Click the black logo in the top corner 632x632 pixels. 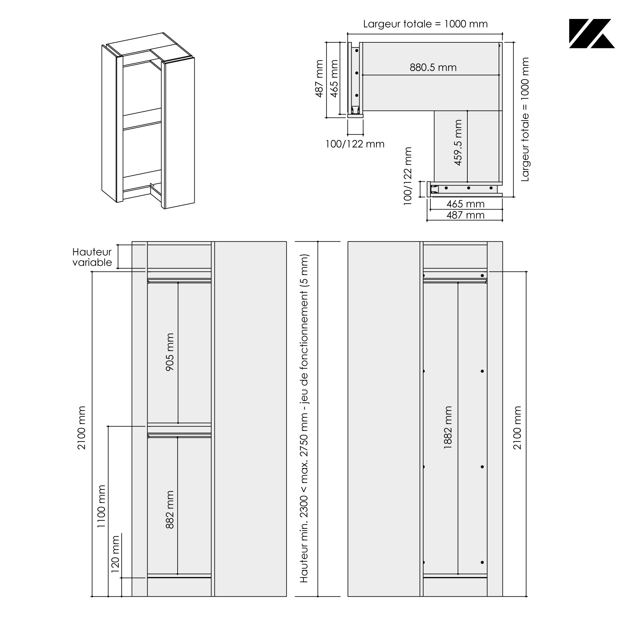click(x=592, y=34)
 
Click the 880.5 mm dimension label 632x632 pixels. click(x=433, y=68)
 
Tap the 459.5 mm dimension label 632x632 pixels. click(x=458, y=143)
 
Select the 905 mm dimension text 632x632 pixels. click(x=170, y=352)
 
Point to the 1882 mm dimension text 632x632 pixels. click(x=448, y=427)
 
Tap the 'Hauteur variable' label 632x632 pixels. click(x=92, y=257)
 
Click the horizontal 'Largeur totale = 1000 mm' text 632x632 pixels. click(x=425, y=24)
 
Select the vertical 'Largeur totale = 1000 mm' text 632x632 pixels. click(x=525, y=119)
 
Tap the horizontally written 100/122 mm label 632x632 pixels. click(x=355, y=144)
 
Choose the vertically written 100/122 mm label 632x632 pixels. click(x=408, y=176)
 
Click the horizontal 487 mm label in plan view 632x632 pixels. click(x=465, y=215)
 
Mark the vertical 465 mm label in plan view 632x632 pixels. click(x=334, y=78)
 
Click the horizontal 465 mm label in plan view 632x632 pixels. click(x=465, y=204)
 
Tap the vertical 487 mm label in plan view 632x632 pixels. click(x=319, y=78)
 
